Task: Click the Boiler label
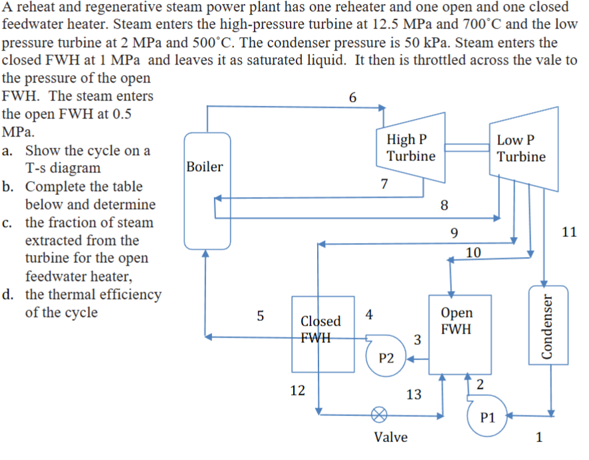click(204, 166)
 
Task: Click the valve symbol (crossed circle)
click(379, 414)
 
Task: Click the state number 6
click(352, 97)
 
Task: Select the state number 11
click(568, 232)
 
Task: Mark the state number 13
click(413, 394)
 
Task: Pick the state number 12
click(298, 391)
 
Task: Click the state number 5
click(261, 316)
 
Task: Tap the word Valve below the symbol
click(391, 437)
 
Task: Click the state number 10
click(473, 252)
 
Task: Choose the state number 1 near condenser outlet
click(539, 437)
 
